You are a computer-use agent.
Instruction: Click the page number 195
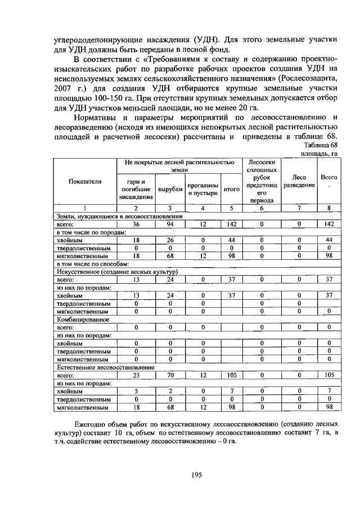tap(196, 474)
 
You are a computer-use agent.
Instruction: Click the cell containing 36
tap(136, 224)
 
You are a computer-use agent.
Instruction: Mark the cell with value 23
tap(136, 375)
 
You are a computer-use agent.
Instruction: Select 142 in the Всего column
tap(329, 224)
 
